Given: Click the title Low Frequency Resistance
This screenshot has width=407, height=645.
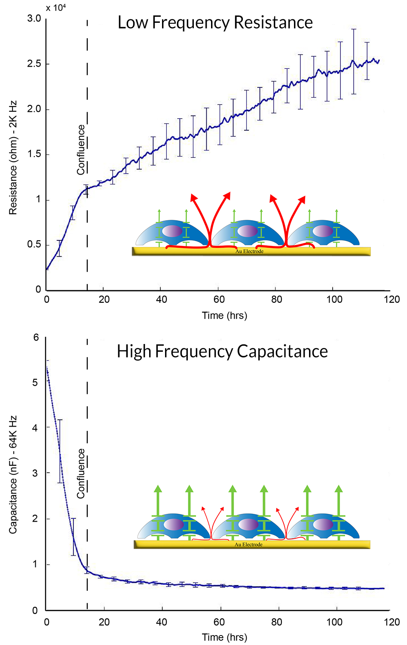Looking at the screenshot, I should pyautogui.click(x=215, y=22).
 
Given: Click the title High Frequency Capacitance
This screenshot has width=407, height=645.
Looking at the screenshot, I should pyautogui.click(x=222, y=351).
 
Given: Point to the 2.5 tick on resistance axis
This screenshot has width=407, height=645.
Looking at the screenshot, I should pyautogui.click(x=34, y=64).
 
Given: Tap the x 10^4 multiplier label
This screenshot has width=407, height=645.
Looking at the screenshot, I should pyautogui.click(x=56, y=8).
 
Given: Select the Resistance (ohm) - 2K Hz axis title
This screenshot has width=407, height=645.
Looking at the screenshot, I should pyautogui.click(x=13, y=158).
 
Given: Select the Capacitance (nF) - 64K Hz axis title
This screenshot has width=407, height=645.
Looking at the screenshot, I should pyautogui.click(x=13, y=475).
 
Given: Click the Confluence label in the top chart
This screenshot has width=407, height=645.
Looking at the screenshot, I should pyautogui.click(x=81, y=150).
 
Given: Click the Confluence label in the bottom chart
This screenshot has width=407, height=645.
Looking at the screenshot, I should pyautogui.click(x=81, y=473).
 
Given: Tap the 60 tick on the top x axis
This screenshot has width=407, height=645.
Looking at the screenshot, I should pyautogui.click(x=219, y=299).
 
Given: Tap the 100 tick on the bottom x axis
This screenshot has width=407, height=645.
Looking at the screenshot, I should pyautogui.click(x=334, y=622).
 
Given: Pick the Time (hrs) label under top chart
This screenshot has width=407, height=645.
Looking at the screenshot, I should pyautogui.click(x=224, y=316).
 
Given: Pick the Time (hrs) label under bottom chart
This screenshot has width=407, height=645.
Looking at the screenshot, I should pyautogui.click(x=224, y=637).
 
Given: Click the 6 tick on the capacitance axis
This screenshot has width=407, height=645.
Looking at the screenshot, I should pyautogui.click(x=36, y=338).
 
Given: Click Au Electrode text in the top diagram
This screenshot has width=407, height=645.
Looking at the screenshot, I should pyautogui.click(x=249, y=251).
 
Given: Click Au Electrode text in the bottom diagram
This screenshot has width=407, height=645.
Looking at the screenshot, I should pyautogui.click(x=248, y=544).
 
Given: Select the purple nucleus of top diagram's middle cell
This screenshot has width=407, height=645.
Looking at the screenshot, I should pyautogui.click(x=248, y=231).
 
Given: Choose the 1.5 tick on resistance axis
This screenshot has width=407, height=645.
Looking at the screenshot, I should pyautogui.click(x=34, y=154).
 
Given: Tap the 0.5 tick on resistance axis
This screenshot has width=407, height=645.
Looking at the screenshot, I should pyautogui.click(x=34, y=244).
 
